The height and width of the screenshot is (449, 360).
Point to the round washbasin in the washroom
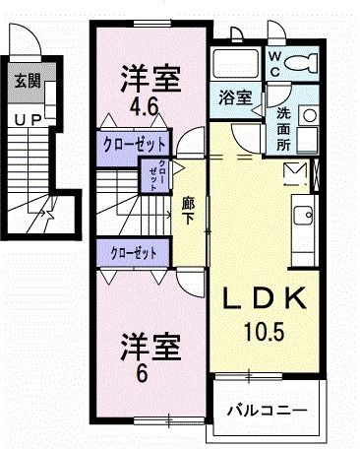[x=309, y=114]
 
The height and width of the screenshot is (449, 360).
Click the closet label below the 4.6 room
[x=133, y=144]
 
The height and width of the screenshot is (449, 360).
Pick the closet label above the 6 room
[x=134, y=253]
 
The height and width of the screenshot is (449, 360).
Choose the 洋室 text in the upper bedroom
[x=150, y=75]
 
